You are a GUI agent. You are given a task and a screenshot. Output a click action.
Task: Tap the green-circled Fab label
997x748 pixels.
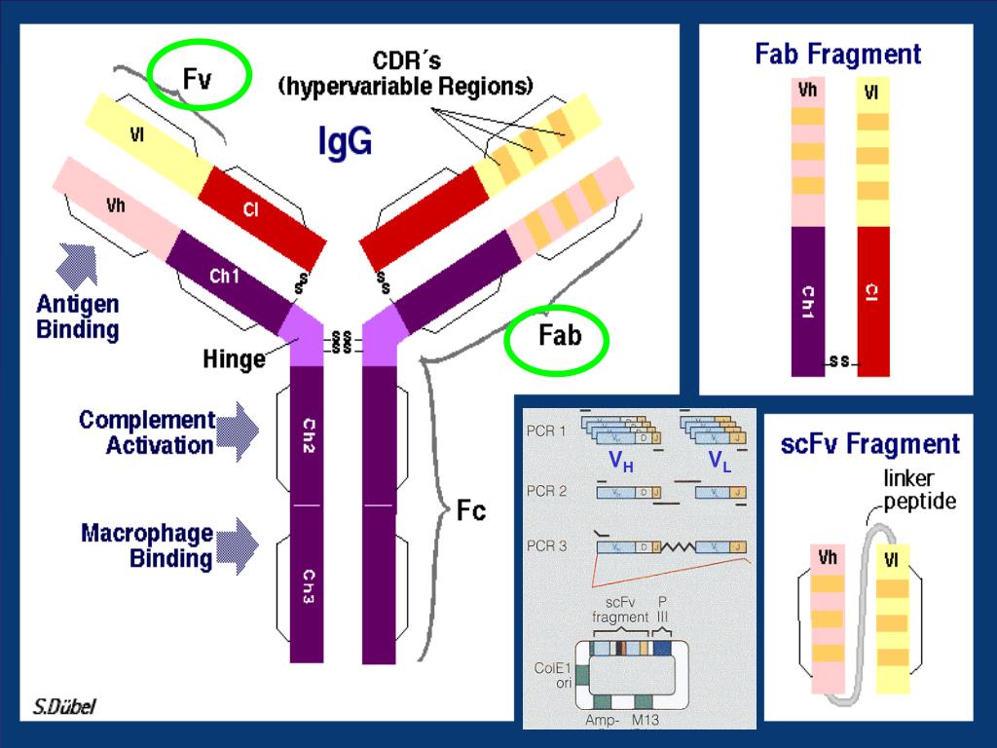(x=558, y=337)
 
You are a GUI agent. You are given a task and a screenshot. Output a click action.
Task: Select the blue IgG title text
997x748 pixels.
(x=345, y=142)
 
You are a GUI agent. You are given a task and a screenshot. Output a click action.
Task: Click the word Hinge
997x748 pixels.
(x=234, y=358)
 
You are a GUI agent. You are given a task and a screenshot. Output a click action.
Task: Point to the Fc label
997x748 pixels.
(x=471, y=510)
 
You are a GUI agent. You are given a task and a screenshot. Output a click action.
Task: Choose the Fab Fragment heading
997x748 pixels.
(x=837, y=54)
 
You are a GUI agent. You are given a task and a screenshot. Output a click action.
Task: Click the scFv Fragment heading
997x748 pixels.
(x=870, y=445)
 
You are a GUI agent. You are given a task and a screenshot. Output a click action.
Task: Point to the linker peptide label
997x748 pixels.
(x=919, y=490)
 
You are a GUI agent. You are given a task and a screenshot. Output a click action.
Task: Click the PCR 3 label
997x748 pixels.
(x=546, y=546)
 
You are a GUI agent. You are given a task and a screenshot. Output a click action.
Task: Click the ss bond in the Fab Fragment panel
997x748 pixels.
(x=839, y=362)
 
